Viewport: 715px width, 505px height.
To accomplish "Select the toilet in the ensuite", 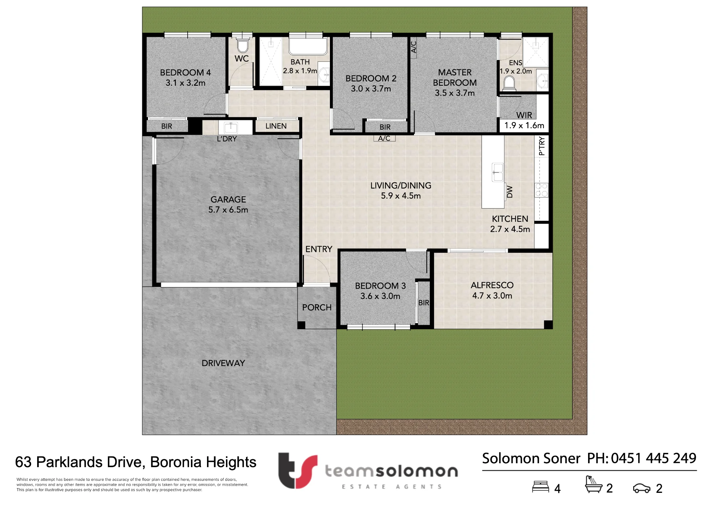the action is [509, 83].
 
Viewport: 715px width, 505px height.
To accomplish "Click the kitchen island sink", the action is [497, 172].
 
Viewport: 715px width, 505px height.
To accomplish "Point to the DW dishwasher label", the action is [510, 192].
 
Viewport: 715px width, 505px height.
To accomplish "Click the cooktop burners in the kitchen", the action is [541, 190].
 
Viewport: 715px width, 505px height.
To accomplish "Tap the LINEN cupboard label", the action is [276, 126].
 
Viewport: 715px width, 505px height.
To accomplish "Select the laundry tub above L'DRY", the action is [231, 127].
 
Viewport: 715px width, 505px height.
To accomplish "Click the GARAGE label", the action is [228, 199].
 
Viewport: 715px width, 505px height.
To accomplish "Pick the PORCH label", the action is [317, 307].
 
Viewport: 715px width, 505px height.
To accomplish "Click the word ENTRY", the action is [319, 249].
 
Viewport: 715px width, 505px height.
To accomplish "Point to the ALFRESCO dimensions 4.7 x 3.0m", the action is [492, 296].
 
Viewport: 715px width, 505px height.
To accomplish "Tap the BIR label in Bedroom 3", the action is [424, 303].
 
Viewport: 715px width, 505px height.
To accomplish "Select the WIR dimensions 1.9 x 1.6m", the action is [524, 125].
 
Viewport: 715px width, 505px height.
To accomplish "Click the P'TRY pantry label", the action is [542, 146].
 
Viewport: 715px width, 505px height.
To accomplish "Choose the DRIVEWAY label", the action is [223, 363].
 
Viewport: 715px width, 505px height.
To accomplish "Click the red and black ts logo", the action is [298, 470].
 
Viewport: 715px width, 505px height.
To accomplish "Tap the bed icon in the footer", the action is [541, 487].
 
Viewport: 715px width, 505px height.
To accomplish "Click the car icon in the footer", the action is [642, 488].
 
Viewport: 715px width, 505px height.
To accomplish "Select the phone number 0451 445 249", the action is [654, 458].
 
